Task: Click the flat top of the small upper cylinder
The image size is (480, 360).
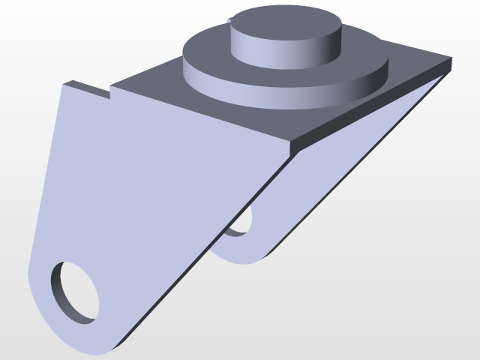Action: tap(285, 25)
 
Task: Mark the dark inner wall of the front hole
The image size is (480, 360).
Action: tap(60, 289)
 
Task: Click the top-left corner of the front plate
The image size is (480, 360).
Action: tap(63, 84)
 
